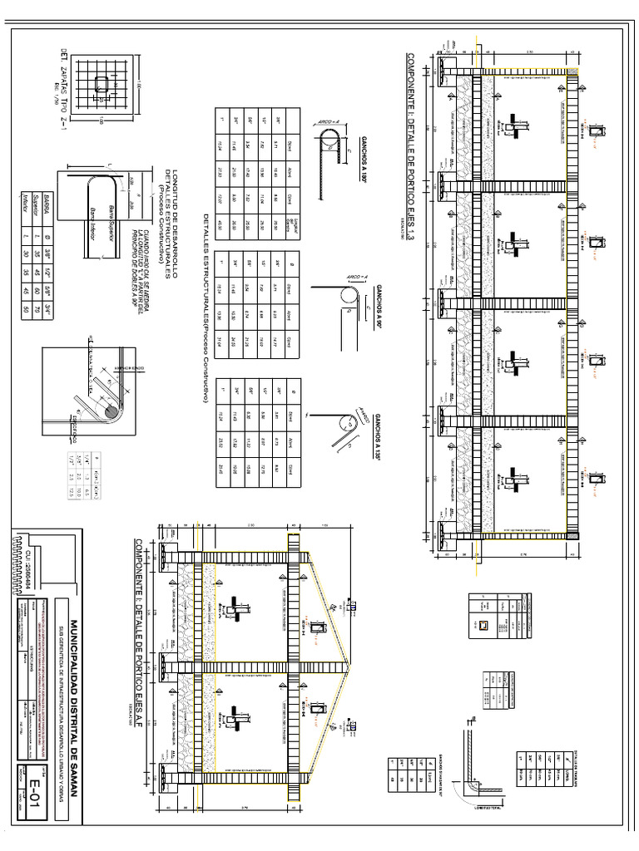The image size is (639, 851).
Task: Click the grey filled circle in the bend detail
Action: [111, 411]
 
